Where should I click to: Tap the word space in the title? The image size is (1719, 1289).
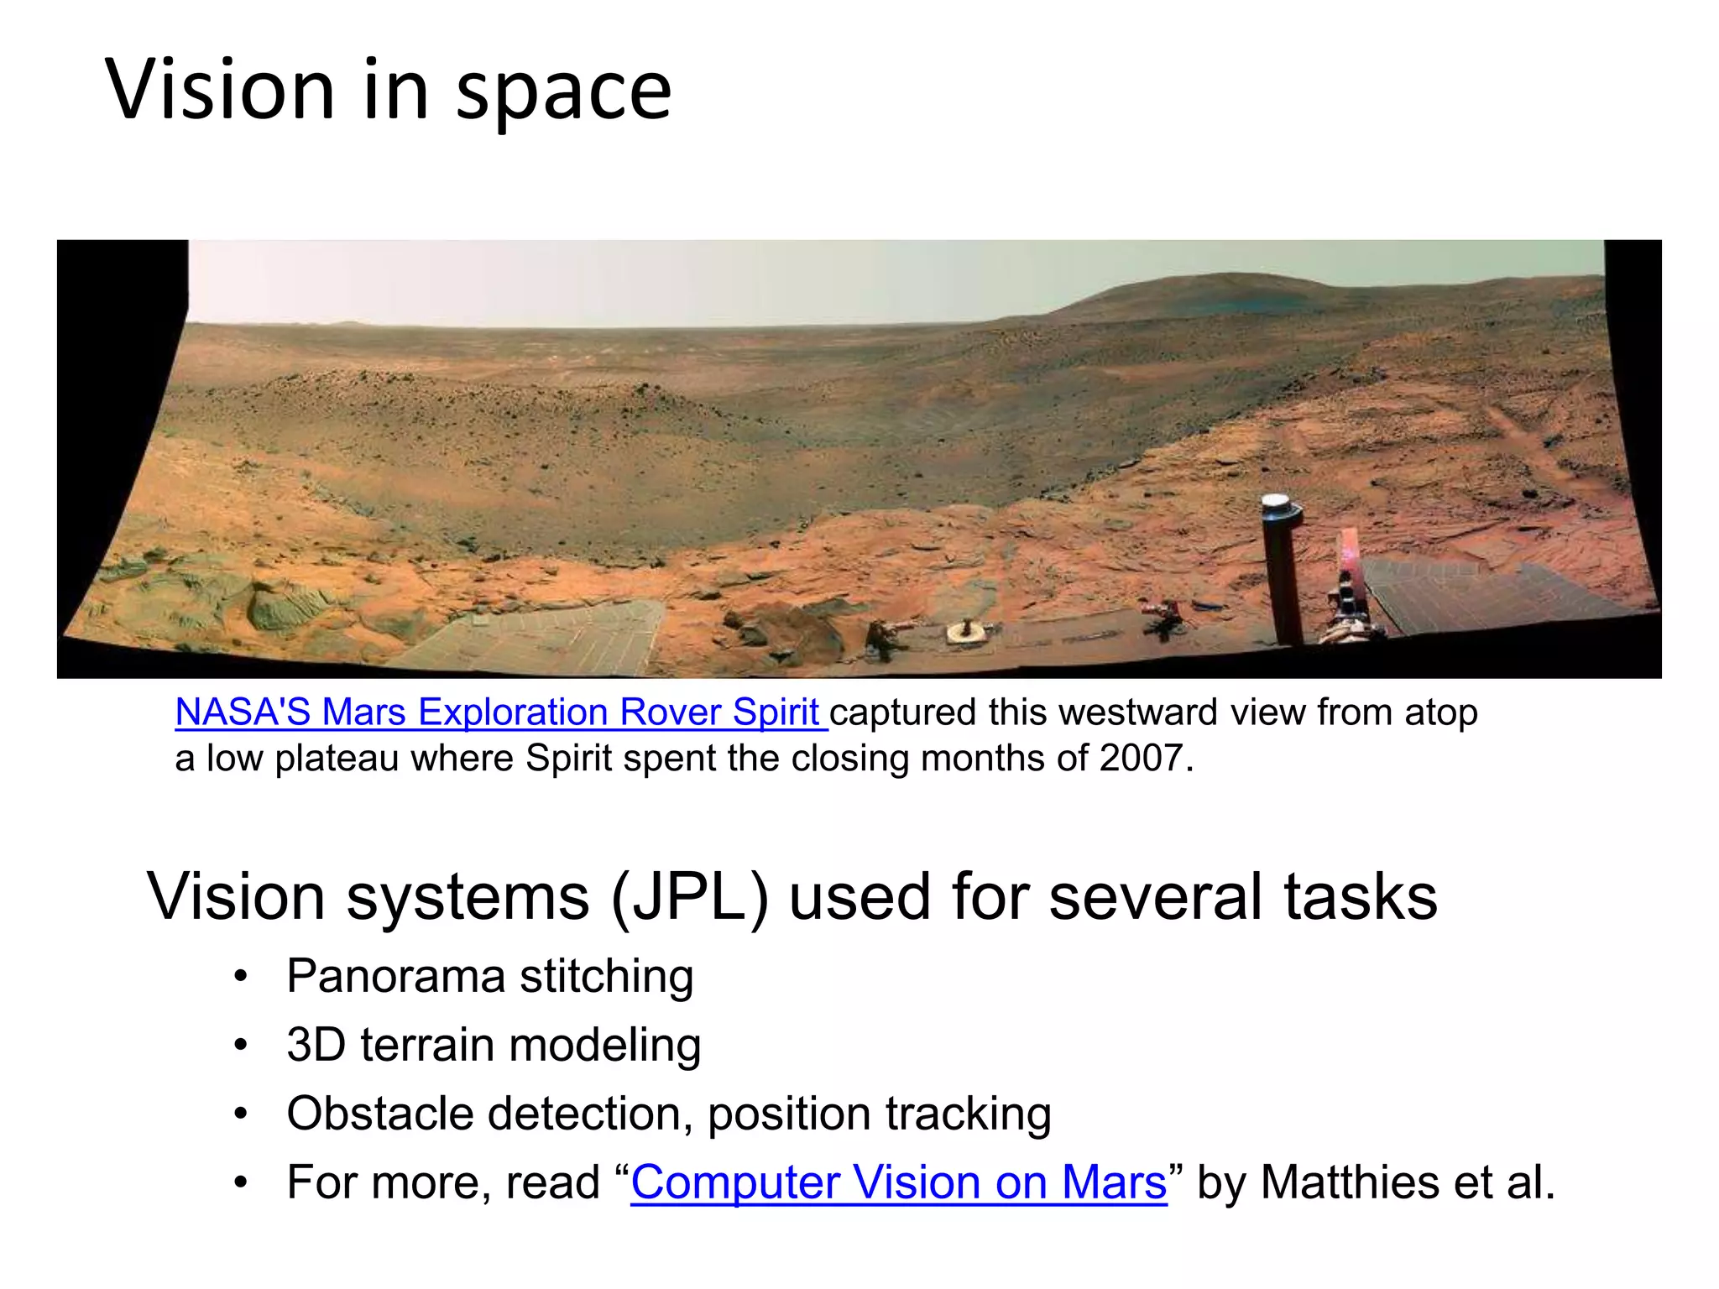tap(563, 92)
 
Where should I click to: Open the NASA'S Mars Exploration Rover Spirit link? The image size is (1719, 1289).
tap(498, 712)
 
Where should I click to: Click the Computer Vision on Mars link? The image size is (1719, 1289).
tap(898, 1182)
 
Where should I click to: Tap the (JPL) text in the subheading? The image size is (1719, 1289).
tap(689, 897)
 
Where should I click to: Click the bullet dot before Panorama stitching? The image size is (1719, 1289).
tap(242, 977)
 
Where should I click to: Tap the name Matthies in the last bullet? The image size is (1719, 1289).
tap(1351, 1182)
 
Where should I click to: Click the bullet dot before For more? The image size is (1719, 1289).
tap(242, 1183)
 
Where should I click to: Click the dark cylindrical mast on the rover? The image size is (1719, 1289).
tap(1282, 579)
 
